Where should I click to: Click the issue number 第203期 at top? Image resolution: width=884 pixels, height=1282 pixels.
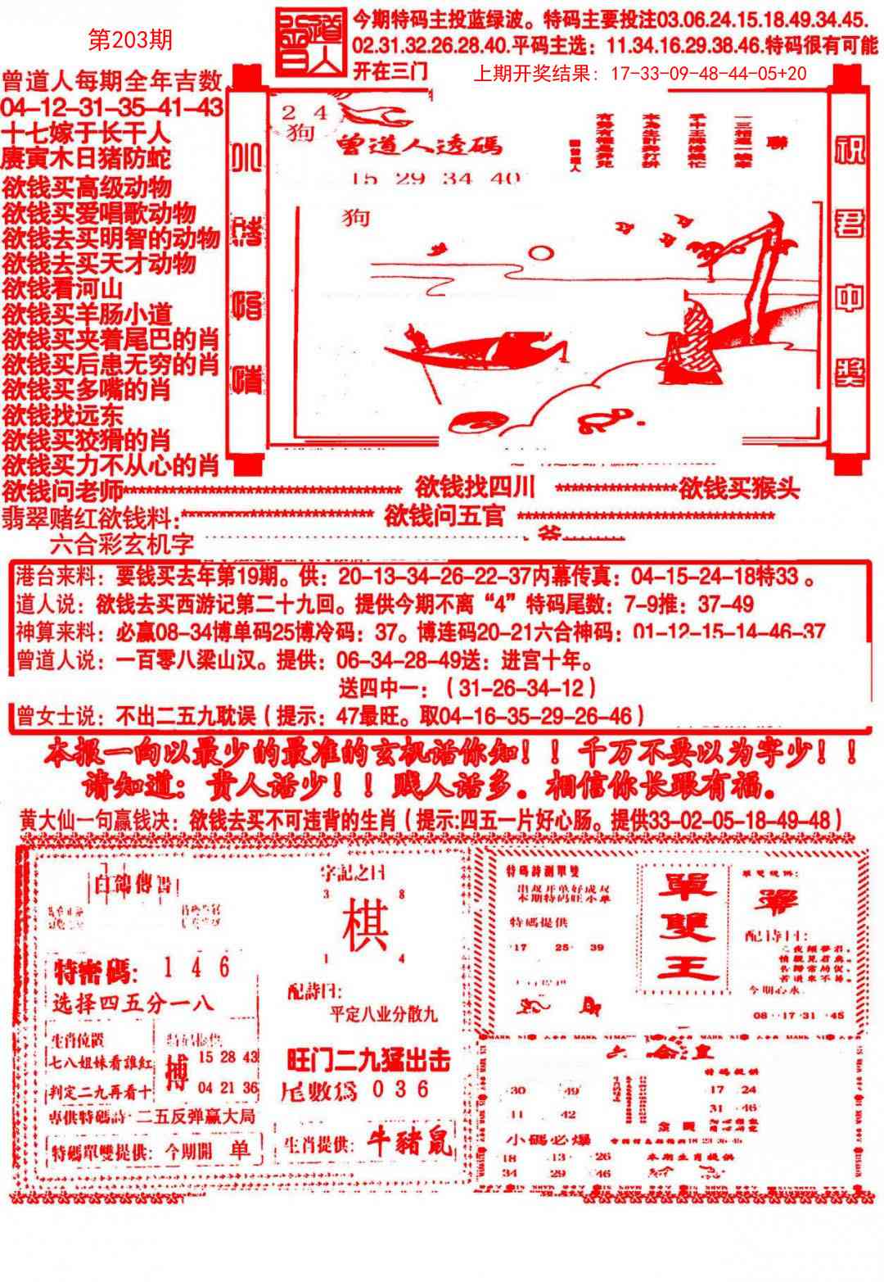(x=129, y=40)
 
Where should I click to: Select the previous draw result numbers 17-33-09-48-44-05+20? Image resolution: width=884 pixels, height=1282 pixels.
(x=708, y=74)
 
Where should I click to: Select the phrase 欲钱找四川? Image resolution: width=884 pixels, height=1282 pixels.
(x=475, y=488)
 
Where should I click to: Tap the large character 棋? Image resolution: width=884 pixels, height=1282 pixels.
(x=365, y=925)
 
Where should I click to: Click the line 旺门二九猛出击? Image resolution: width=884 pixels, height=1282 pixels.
(x=369, y=1061)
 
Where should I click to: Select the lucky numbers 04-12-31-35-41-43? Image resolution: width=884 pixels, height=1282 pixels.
(x=112, y=107)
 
